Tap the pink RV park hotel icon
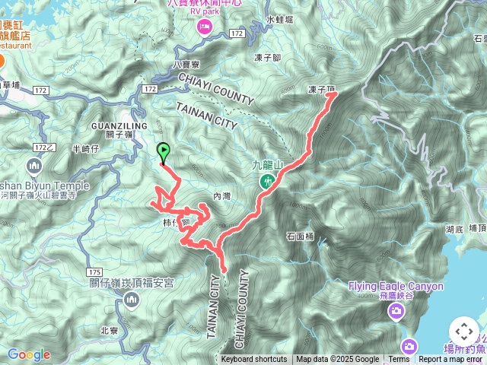pos(205,27)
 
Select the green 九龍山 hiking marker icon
pos(267,181)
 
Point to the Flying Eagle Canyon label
pos(396,287)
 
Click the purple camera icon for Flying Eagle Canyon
pos(396,310)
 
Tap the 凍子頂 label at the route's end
pos(322,89)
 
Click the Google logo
pos(29,354)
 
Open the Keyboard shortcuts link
pos(254,360)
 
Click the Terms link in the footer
pos(399,360)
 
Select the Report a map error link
pos(452,360)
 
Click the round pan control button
pos(463,332)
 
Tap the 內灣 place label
pos(221,196)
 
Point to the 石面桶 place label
pos(301,236)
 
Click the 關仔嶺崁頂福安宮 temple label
pos(132,283)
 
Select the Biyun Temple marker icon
pos(34,166)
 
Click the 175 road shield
pos(94,271)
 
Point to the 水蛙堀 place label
pos(280,19)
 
